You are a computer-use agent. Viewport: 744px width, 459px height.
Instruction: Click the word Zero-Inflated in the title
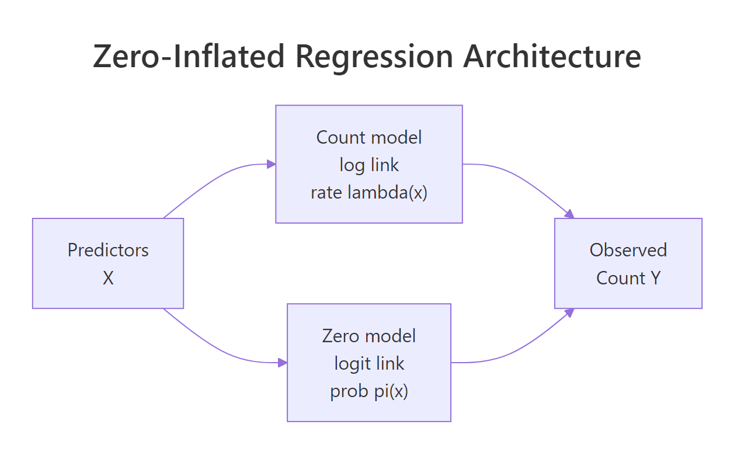click(189, 57)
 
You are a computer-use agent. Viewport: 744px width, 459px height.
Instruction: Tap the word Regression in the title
click(374, 57)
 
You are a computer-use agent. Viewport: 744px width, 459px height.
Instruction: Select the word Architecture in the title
click(552, 57)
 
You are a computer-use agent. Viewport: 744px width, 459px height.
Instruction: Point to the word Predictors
click(108, 250)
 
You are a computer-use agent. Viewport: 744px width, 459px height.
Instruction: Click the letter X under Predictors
click(108, 278)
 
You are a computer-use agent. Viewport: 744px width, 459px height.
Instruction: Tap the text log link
click(369, 165)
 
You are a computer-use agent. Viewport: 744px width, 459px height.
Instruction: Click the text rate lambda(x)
click(369, 193)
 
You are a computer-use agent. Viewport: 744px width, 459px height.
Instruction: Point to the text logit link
click(369, 363)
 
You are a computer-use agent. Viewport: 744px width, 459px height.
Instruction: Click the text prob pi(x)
click(369, 391)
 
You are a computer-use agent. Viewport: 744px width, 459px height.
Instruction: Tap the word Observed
click(628, 250)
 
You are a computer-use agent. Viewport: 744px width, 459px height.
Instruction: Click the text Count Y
click(628, 278)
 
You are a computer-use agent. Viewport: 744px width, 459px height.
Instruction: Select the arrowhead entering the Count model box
click(271, 164)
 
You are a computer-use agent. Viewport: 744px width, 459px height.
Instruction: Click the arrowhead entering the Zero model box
click(283, 363)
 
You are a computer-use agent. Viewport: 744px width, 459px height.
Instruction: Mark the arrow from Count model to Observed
click(520, 180)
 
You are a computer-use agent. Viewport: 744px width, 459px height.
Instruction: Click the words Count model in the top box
click(369, 137)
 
